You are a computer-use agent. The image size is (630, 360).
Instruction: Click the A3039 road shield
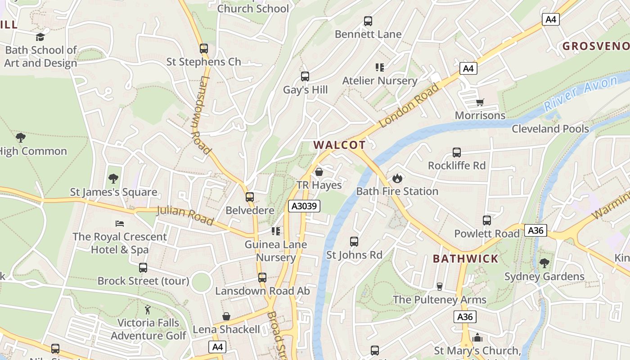coord(304,206)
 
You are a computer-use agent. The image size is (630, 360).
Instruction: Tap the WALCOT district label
coord(339,145)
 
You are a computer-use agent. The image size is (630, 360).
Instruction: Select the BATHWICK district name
coord(466,259)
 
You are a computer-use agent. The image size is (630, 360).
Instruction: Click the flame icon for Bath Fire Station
coord(397,179)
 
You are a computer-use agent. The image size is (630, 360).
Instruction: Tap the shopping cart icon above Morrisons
coord(480,103)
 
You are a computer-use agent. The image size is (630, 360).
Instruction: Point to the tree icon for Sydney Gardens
coord(544,263)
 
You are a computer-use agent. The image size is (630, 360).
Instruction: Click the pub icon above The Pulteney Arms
coord(439,287)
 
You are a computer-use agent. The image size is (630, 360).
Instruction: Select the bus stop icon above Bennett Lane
coord(368,21)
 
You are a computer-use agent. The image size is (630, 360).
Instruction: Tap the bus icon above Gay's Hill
coord(305,76)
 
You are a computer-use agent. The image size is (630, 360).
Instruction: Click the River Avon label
coord(580,94)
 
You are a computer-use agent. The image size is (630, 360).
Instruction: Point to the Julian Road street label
coord(184,215)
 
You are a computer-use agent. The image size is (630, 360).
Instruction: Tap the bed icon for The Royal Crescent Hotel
coord(119,224)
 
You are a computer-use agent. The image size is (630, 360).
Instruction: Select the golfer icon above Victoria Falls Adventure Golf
coord(148,310)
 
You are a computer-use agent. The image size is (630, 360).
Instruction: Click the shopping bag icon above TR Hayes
coord(319,172)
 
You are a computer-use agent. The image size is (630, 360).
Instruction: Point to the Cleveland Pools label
coord(550,129)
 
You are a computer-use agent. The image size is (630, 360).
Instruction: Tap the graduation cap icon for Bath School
coord(40,37)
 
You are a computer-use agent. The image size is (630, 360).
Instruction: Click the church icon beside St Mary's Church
coord(477,337)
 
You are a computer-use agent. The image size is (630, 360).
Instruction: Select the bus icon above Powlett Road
coord(486,220)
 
